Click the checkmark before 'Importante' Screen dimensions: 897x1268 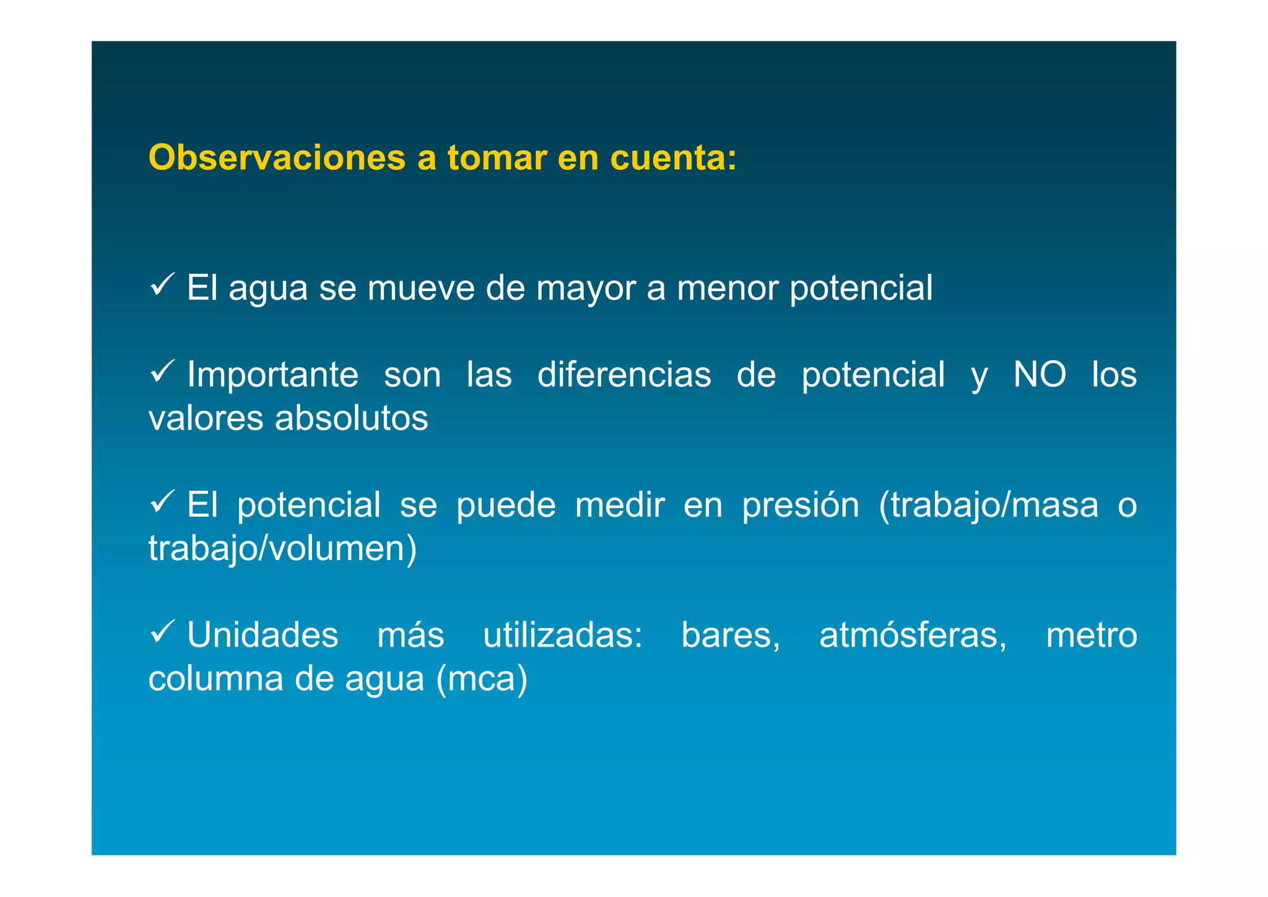tap(162, 372)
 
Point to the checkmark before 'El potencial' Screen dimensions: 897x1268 tap(162, 502)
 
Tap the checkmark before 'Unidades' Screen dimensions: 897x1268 tap(162, 632)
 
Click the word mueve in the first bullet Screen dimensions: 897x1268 tap(420, 288)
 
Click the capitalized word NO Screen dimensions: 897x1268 tap(1040, 375)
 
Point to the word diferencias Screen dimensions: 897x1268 tap(624, 375)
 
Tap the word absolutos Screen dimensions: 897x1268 tap(351, 418)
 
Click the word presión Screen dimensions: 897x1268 tap(801, 506)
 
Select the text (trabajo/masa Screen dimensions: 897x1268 tap(989, 506)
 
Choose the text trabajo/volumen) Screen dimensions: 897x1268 tap(282, 549)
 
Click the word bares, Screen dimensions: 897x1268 tap(731, 636)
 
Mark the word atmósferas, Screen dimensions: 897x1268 tap(913, 636)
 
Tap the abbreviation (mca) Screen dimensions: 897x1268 tap(482, 680)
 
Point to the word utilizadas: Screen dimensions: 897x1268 tap(563, 636)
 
